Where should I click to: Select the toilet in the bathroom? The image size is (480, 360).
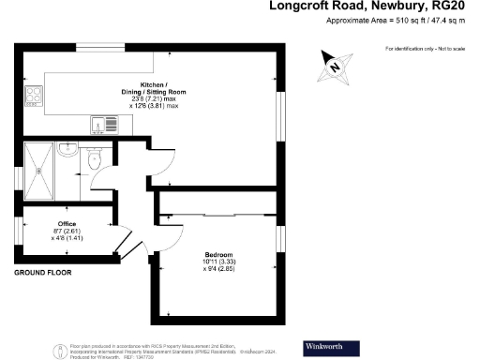[91, 161]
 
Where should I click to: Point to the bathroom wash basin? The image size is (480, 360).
[66, 150]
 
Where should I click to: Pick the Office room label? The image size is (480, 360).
[67, 224]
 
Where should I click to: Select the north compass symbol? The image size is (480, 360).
[336, 65]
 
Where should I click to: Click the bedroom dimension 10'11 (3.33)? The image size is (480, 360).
[218, 262]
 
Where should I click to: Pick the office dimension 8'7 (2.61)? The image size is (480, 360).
[67, 232]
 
